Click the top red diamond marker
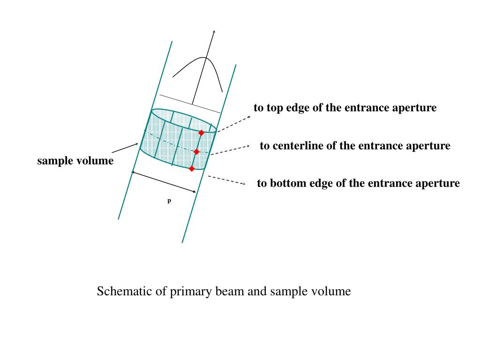coord(201,133)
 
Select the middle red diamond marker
coord(196,151)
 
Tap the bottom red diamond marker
coord(192,168)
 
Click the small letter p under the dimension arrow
coord(169,201)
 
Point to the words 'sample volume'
coord(75,161)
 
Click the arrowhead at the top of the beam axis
coord(214,31)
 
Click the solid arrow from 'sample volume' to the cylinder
coord(124,148)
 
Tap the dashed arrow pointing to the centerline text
coord(230,150)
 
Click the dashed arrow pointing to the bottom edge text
coord(227,180)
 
